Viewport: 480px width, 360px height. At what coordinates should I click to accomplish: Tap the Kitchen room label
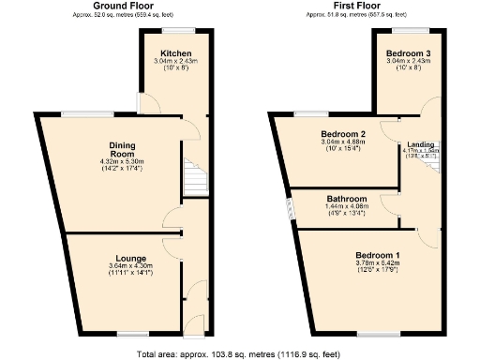[x=175, y=53]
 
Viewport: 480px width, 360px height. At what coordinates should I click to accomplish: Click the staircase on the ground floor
[x=194, y=177]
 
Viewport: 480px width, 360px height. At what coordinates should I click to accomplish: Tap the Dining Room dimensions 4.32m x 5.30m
[x=122, y=165]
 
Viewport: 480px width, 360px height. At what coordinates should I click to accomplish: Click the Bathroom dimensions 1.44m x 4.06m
[x=345, y=209]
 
